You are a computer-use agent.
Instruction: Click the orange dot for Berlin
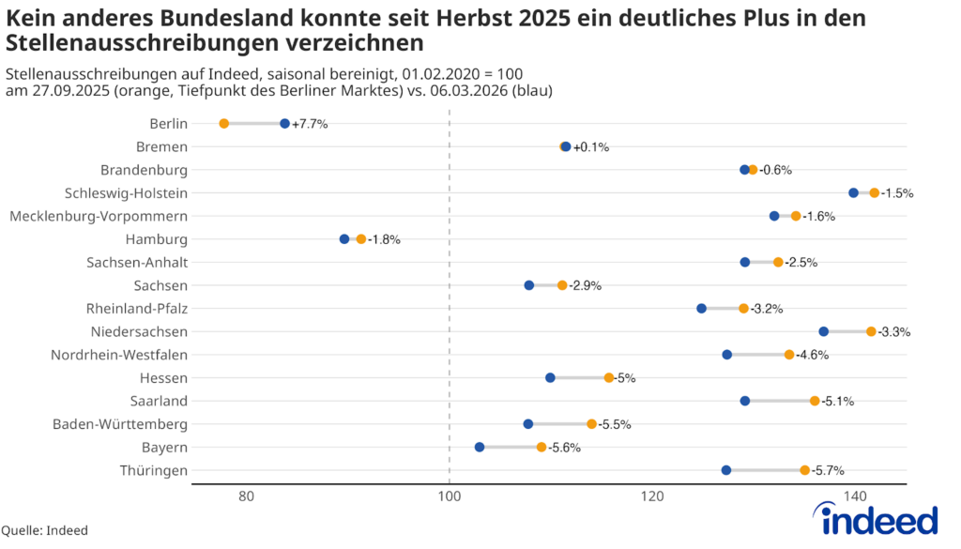coord(223,124)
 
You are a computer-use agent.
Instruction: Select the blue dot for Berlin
coord(284,124)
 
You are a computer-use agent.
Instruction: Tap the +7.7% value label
coord(310,124)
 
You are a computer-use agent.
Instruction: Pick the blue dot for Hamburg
coord(344,239)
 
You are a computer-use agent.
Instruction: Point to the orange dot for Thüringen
coord(804,470)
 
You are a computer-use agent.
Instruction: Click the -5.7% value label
coord(830,470)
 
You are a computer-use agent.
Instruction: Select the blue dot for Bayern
coord(480,447)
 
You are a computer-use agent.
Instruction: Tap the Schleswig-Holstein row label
coord(126,193)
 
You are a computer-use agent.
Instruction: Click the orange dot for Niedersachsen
coord(871,331)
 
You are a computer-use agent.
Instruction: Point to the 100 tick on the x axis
coord(450,496)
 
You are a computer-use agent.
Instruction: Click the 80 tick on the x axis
coord(246,496)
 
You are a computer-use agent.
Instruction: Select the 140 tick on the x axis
coord(855,496)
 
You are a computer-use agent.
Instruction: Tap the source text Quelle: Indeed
coord(44,531)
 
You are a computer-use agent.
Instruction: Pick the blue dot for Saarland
coord(745,401)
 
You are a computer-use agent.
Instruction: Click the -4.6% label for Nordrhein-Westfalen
coord(813,355)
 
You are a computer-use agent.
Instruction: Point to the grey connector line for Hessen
coord(579,377)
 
